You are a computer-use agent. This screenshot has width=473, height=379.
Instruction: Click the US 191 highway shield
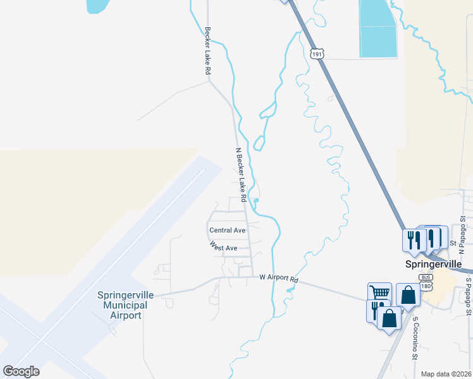(317, 54)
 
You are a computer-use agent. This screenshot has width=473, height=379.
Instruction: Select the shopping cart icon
(379, 292)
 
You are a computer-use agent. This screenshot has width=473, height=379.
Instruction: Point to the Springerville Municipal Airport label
(123, 305)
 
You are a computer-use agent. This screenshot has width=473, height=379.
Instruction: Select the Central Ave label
(227, 231)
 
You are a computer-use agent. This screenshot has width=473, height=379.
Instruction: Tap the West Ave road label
(223, 248)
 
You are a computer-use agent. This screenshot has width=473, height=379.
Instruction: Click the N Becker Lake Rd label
(240, 171)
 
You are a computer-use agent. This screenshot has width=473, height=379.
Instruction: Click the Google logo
(21, 371)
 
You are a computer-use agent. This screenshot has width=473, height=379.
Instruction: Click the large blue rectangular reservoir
(378, 28)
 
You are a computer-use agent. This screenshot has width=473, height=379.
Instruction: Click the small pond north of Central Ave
(255, 202)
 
